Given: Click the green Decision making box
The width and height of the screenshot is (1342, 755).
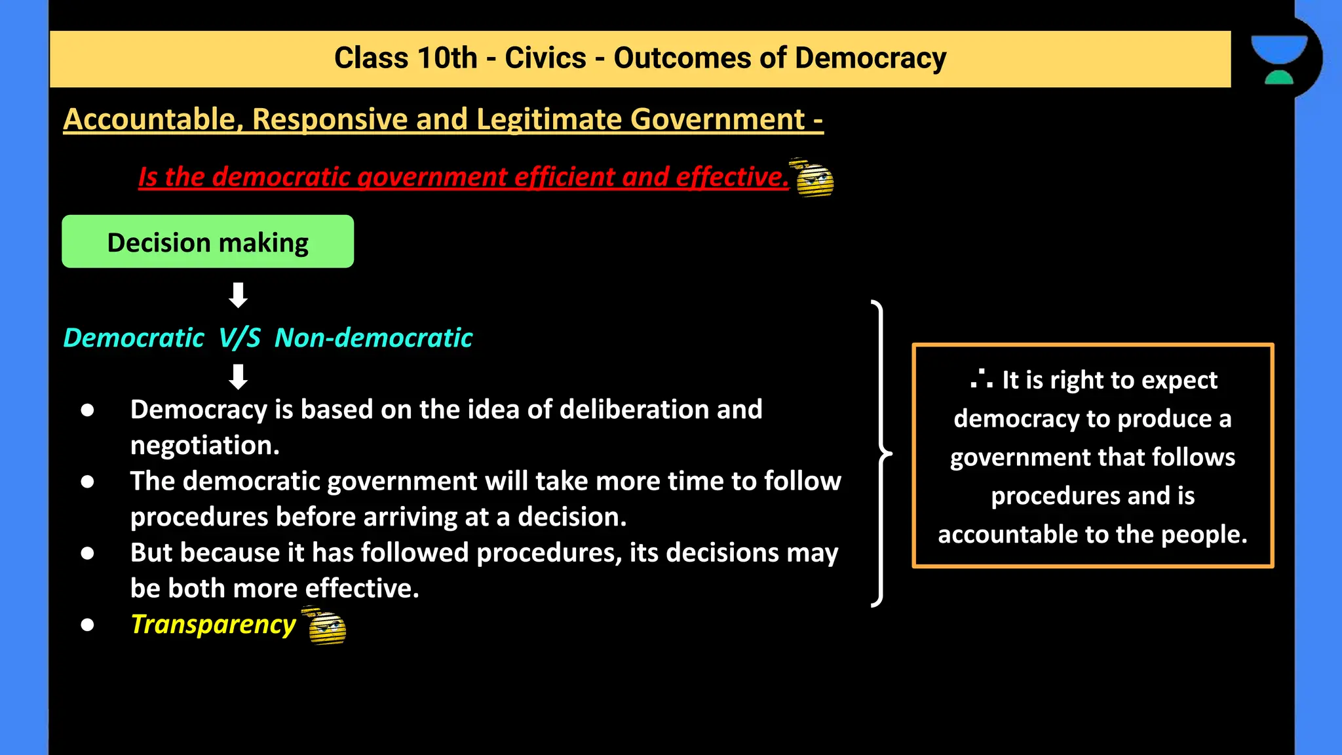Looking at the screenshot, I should coord(208,242).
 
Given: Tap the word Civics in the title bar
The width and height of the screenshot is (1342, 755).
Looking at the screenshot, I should coord(545,58).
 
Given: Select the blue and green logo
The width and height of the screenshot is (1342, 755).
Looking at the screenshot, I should coord(1278,59).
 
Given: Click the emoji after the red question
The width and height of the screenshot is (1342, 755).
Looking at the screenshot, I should coord(814,178).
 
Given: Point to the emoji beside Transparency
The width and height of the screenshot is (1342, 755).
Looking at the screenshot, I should coord(326,627).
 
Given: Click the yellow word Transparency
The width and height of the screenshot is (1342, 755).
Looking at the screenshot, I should coord(213,625).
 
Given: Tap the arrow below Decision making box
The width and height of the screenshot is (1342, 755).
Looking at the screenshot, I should coord(238,296).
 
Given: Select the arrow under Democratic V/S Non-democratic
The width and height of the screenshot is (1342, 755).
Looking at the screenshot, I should coord(238,377).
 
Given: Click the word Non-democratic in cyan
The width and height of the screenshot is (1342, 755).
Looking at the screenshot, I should coord(374,338).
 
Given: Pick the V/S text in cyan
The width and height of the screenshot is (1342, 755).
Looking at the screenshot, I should coord(239,338).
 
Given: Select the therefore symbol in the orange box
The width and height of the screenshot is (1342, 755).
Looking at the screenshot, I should coord(981,379).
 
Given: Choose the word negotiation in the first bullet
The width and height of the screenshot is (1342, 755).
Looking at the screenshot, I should coord(204,446).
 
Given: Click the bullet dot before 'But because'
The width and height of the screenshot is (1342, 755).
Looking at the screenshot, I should coord(87,553).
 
